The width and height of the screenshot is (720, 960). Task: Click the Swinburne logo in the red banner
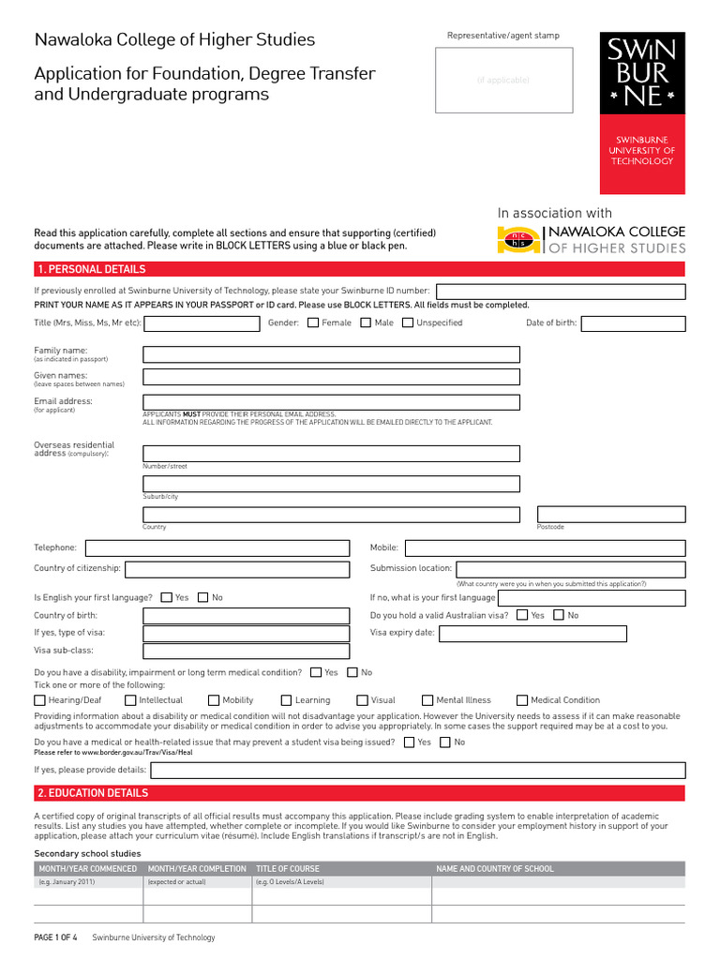coord(642,71)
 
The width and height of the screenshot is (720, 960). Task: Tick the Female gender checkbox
coord(313,323)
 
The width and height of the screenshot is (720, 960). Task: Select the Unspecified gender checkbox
coord(408,323)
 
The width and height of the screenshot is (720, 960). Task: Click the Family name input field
coord(331,354)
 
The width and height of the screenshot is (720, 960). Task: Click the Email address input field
coord(331,402)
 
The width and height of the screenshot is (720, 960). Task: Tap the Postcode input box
coord(610,514)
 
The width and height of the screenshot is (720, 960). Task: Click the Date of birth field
coord(633,323)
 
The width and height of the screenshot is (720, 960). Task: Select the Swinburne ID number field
coord(561,291)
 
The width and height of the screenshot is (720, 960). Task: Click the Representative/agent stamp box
coord(503,80)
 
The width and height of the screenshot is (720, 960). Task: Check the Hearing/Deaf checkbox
coord(39,700)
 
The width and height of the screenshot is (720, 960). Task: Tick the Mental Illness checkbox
coord(427,700)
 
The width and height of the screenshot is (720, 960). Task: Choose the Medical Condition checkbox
coord(522,700)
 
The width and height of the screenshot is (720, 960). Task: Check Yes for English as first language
coord(166,597)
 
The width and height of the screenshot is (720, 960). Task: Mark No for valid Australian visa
coord(559,616)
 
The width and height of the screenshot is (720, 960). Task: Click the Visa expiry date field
coord(532,633)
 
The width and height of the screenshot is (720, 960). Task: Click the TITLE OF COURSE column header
coord(290,869)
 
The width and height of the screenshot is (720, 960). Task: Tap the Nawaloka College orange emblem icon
coord(517,241)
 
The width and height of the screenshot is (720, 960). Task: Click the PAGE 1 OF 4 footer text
coord(56,937)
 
